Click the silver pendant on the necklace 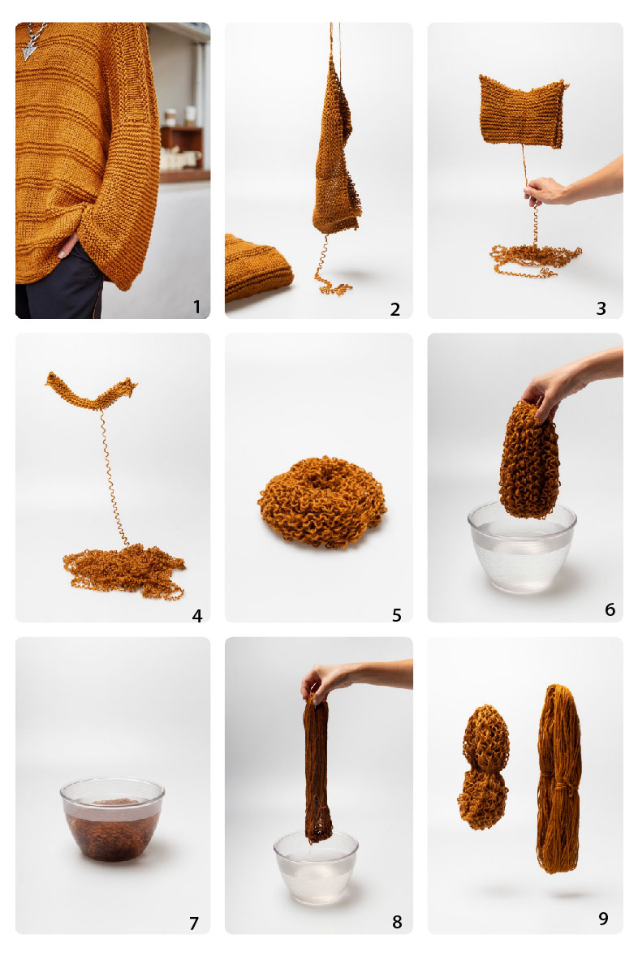(x=28, y=50)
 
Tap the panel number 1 (x=196, y=306)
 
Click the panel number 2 (x=395, y=309)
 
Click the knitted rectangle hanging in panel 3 (x=523, y=111)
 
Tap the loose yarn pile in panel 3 (x=535, y=260)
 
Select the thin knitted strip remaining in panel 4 (x=91, y=390)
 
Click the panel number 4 (x=196, y=616)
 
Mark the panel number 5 (x=396, y=615)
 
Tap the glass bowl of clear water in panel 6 (x=522, y=546)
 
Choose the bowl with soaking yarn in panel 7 (x=112, y=819)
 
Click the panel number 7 (x=194, y=923)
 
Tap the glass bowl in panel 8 (x=316, y=867)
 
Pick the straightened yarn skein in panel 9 (x=559, y=778)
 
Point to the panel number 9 (x=602, y=918)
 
